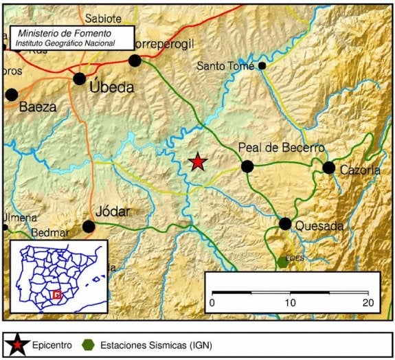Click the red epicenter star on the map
click(198, 161)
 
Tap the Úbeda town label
click(112, 87)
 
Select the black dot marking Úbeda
click(80, 78)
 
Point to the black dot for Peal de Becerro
click(247, 166)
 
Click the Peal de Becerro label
click(280, 148)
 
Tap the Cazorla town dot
click(329, 168)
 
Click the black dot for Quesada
click(285, 223)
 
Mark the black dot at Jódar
click(89, 226)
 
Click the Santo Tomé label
click(225, 66)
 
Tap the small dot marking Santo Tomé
click(262, 66)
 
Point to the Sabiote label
click(103, 19)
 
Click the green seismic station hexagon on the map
click(283, 262)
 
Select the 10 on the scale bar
click(291, 303)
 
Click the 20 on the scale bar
click(368, 303)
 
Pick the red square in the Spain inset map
click(58, 294)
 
